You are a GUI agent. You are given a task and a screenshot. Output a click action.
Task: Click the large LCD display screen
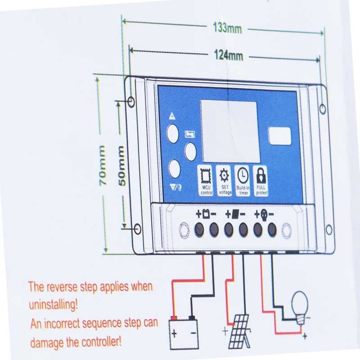[x=229, y=131]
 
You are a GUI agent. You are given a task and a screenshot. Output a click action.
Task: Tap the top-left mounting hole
[x=131, y=102]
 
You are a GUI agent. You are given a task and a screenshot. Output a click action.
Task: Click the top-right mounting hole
[x=323, y=108]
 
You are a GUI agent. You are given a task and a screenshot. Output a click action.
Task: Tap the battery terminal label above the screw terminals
[x=207, y=213]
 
